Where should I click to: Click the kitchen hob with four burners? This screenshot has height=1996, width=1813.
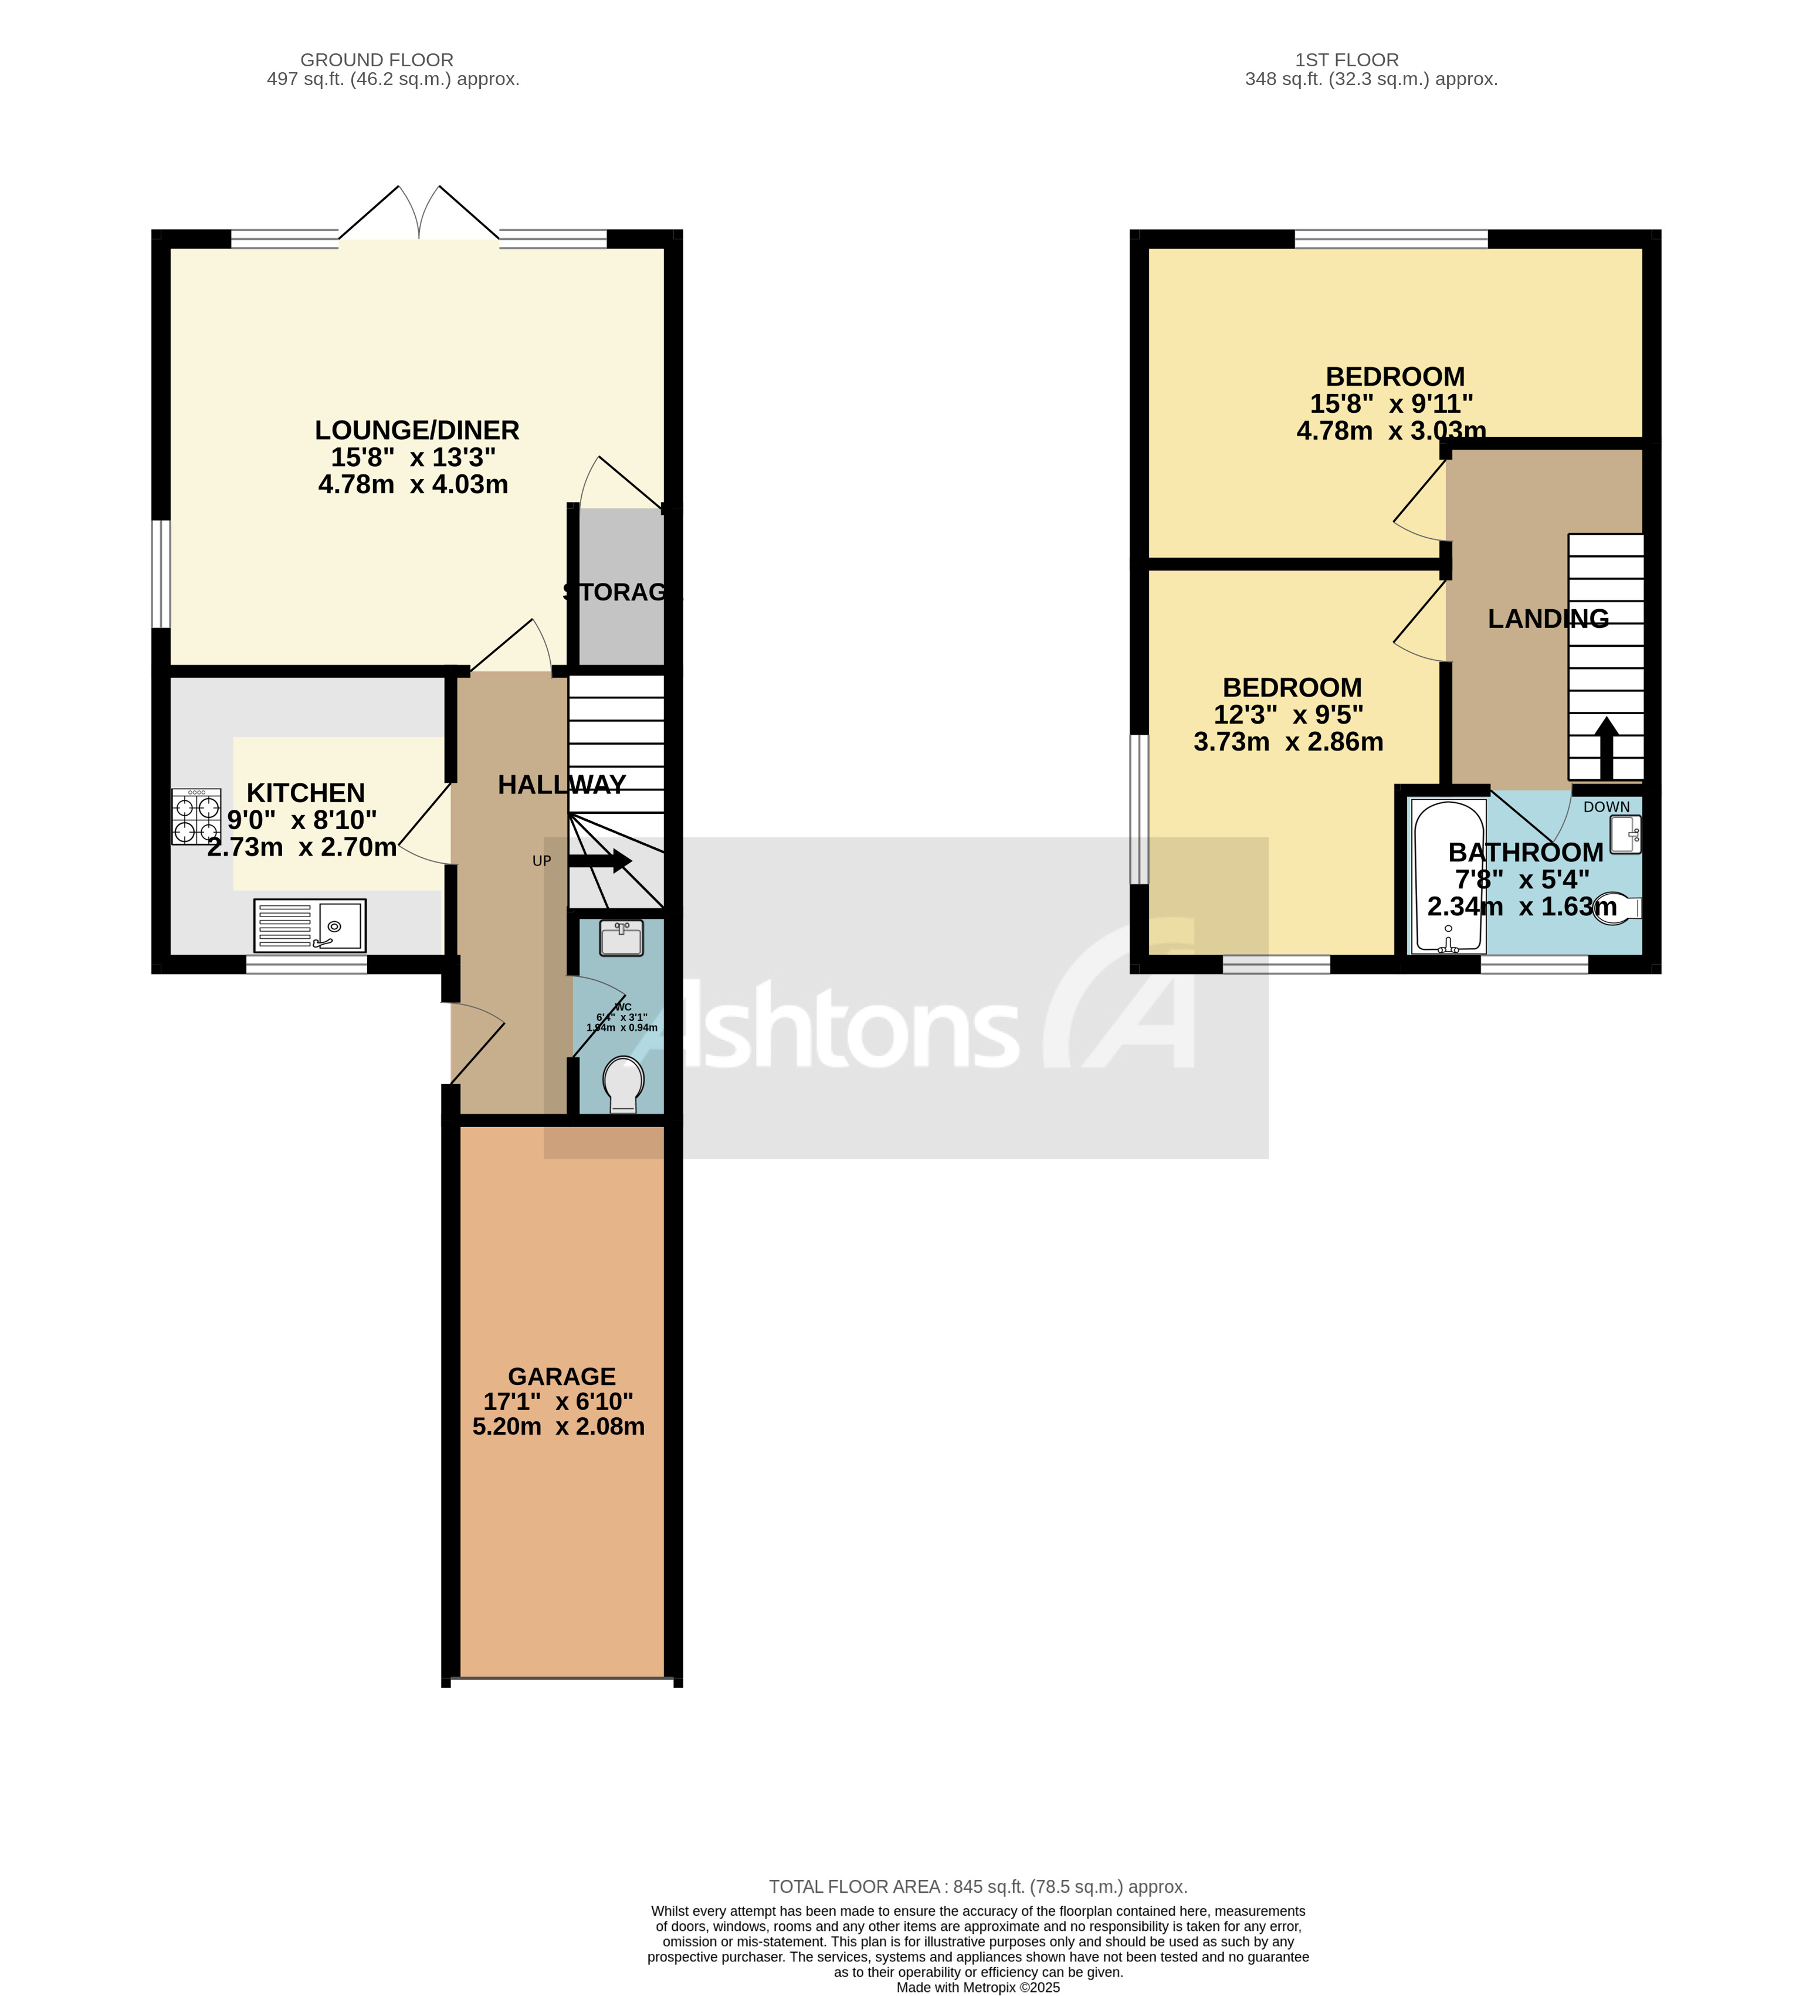click(x=196, y=816)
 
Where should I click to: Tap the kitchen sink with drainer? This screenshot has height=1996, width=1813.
click(x=309, y=925)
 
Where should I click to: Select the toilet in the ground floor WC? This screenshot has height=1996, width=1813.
click(x=623, y=1083)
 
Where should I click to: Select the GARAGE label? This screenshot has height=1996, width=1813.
click(x=561, y=1376)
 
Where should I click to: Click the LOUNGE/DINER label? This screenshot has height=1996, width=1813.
click(x=417, y=430)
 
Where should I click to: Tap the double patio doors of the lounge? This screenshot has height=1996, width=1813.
click(x=419, y=214)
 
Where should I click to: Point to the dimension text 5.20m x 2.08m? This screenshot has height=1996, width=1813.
click(x=558, y=1427)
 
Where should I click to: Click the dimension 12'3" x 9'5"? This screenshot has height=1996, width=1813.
click(x=1288, y=714)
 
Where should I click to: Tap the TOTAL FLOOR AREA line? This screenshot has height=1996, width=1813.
click(x=977, y=1886)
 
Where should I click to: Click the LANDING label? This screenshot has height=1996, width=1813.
click(x=1548, y=619)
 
